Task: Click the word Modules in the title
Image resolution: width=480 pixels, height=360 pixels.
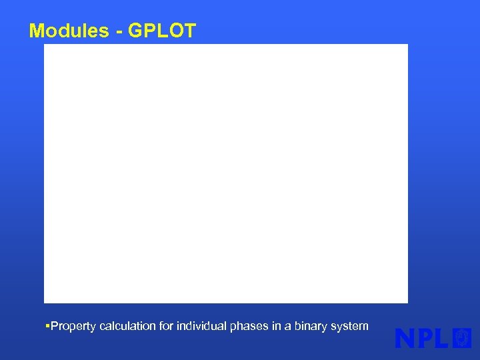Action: tap(67, 31)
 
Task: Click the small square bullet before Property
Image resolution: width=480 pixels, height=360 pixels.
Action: tap(47, 326)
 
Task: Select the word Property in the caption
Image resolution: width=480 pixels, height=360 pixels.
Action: tap(73, 326)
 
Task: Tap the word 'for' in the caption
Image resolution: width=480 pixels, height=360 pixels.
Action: tap(166, 326)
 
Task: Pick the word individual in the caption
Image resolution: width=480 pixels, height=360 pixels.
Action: tap(201, 326)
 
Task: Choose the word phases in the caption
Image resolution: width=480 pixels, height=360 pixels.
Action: tap(247, 326)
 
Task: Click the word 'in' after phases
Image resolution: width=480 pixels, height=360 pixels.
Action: tap(271, 326)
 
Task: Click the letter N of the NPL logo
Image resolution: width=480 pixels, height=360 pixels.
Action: tap(406, 338)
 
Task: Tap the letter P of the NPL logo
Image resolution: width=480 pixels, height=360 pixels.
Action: tap(426, 338)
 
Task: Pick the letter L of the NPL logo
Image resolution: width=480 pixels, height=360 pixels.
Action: tap(443, 338)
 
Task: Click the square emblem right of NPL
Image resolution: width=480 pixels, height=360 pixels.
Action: tap(462, 338)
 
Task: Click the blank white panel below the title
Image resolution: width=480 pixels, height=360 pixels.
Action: tap(226, 173)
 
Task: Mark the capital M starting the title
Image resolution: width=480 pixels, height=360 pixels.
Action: tap(37, 31)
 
